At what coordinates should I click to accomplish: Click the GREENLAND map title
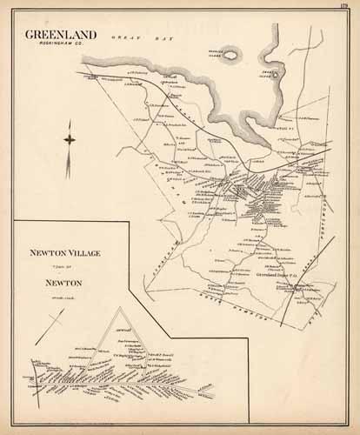(x=67, y=35)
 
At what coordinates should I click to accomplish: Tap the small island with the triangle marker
(x=276, y=75)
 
